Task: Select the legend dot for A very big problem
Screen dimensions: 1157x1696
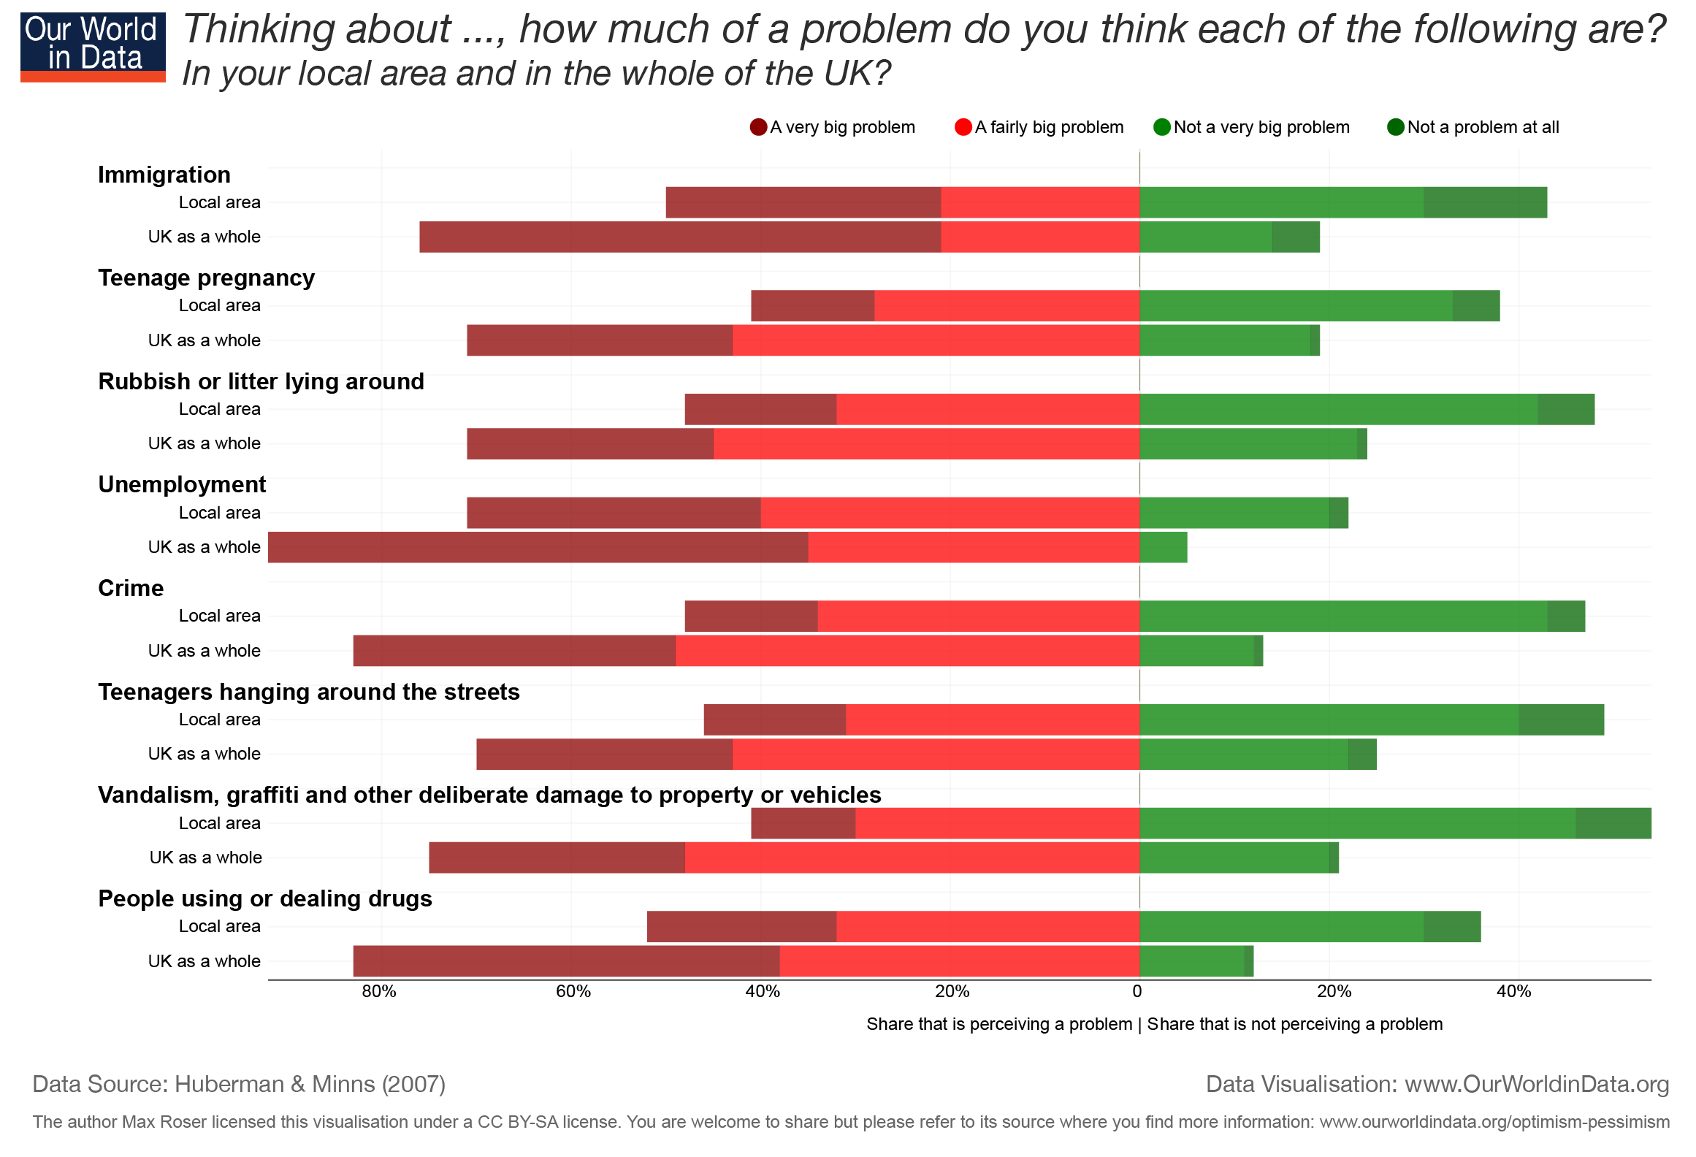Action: pos(758,127)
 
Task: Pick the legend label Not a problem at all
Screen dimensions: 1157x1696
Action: pos(1482,127)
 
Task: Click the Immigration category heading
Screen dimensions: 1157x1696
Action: pos(164,175)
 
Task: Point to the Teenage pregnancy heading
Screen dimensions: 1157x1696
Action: pos(206,278)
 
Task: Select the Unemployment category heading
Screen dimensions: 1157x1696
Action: pos(182,485)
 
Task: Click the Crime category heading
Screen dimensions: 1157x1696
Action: pos(131,589)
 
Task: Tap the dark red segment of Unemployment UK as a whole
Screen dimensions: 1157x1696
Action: pos(538,547)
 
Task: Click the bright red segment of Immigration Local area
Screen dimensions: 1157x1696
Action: pos(1040,202)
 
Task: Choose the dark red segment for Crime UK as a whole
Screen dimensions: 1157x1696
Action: pos(514,651)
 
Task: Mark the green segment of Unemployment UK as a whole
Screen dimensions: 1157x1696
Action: pos(1163,547)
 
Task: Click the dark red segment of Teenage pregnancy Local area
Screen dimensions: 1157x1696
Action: pos(812,305)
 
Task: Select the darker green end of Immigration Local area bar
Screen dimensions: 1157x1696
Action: pos(1485,202)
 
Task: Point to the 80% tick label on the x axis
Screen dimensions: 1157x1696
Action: pos(379,991)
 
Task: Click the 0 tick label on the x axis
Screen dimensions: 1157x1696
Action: pos(1137,991)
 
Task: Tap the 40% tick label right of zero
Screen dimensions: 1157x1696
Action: pos(1514,991)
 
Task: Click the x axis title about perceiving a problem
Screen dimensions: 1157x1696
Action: pos(1154,1024)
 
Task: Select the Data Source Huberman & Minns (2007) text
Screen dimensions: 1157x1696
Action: pos(239,1084)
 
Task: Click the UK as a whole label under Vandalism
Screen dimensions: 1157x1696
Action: pos(205,858)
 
